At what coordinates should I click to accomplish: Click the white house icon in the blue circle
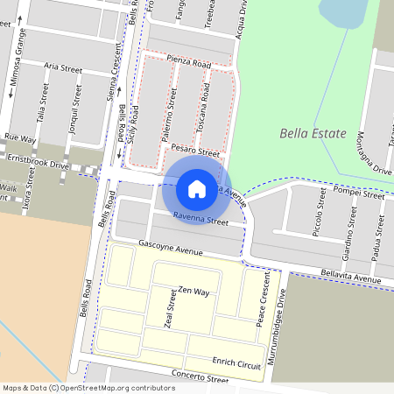[x=196, y=187]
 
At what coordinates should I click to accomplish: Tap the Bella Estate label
[x=310, y=134]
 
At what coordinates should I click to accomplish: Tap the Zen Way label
[x=193, y=290]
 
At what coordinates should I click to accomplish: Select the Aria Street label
[x=63, y=67]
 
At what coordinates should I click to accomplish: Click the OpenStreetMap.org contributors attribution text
[x=118, y=387]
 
